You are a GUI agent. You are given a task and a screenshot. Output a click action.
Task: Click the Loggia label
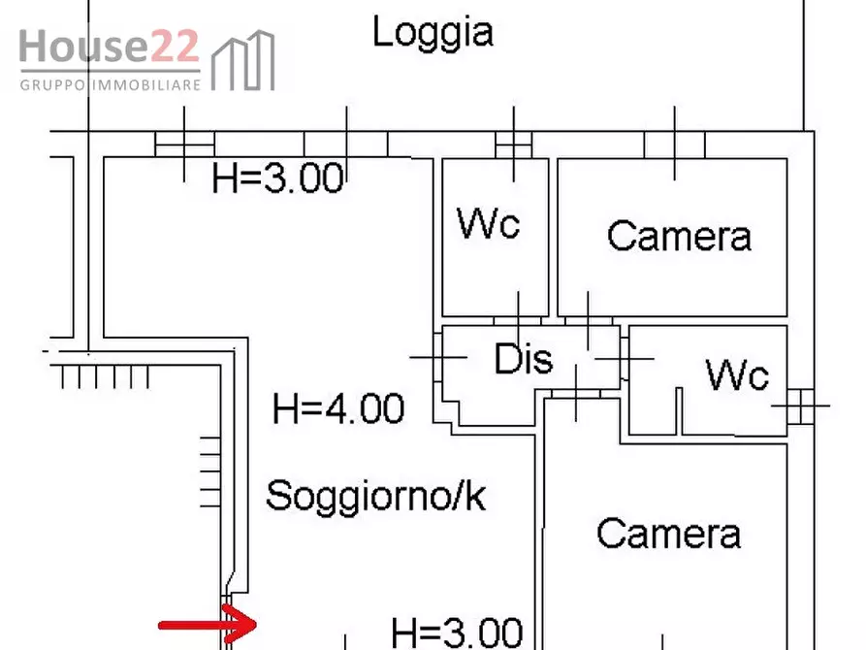pyautogui.click(x=433, y=33)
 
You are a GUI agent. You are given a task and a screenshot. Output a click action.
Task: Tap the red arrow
pyautogui.click(x=208, y=622)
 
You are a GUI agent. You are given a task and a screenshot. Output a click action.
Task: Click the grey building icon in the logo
pyautogui.click(x=242, y=61)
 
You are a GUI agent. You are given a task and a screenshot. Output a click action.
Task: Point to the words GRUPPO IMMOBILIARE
pyautogui.click(x=110, y=84)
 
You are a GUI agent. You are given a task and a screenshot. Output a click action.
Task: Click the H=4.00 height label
pyautogui.click(x=338, y=408)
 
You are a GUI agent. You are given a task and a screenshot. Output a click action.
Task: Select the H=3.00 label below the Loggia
pyautogui.click(x=278, y=179)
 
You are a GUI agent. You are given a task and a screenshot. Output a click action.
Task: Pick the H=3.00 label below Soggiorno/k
pyautogui.click(x=457, y=633)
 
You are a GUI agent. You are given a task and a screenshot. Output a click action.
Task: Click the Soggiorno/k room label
pyautogui.click(x=375, y=496)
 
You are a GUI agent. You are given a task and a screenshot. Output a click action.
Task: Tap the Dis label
pyautogui.click(x=524, y=359)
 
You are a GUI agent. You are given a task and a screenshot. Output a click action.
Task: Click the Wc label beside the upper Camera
pyautogui.click(x=489, y=224)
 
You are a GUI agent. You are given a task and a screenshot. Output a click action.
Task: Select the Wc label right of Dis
pyautogui.click(x=737, y=374)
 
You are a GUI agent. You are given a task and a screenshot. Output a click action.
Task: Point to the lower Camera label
pyautogui.click(x=668, y=533)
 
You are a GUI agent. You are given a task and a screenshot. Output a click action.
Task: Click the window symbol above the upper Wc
pyautogui.click(x=512, y=144)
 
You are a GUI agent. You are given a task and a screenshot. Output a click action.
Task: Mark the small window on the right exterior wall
pyautogui.click(x=801, y=405)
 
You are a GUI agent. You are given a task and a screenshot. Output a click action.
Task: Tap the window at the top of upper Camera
pyautogui.click(x=675, y=144)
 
